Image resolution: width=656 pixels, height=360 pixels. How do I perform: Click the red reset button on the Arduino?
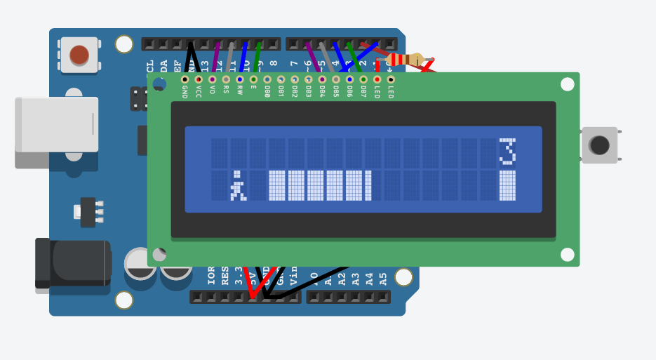tap(79, 55)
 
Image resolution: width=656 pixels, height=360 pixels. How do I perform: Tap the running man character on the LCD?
tap(238, 186)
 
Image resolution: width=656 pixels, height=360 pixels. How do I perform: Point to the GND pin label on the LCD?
tap(185, 92)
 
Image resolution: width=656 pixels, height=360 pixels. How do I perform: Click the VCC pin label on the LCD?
tap(199, 92)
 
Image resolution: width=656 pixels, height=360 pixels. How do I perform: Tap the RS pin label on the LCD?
tap(226, 91)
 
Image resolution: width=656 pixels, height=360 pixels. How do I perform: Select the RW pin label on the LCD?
tap(240, 91)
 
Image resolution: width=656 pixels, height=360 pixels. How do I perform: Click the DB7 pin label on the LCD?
tap(363, 92)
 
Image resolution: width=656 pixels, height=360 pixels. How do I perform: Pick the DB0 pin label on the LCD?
tap(267, 92)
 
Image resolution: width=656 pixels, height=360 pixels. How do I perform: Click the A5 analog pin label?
tap(383, 278)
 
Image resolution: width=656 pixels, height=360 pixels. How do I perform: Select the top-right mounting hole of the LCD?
tap(567, 84)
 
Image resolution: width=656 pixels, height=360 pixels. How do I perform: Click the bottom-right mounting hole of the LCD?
tap(567, 254)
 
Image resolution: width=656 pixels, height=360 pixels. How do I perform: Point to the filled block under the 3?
tap(507, 186)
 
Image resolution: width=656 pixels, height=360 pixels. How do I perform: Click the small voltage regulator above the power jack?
tap(88, 212)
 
